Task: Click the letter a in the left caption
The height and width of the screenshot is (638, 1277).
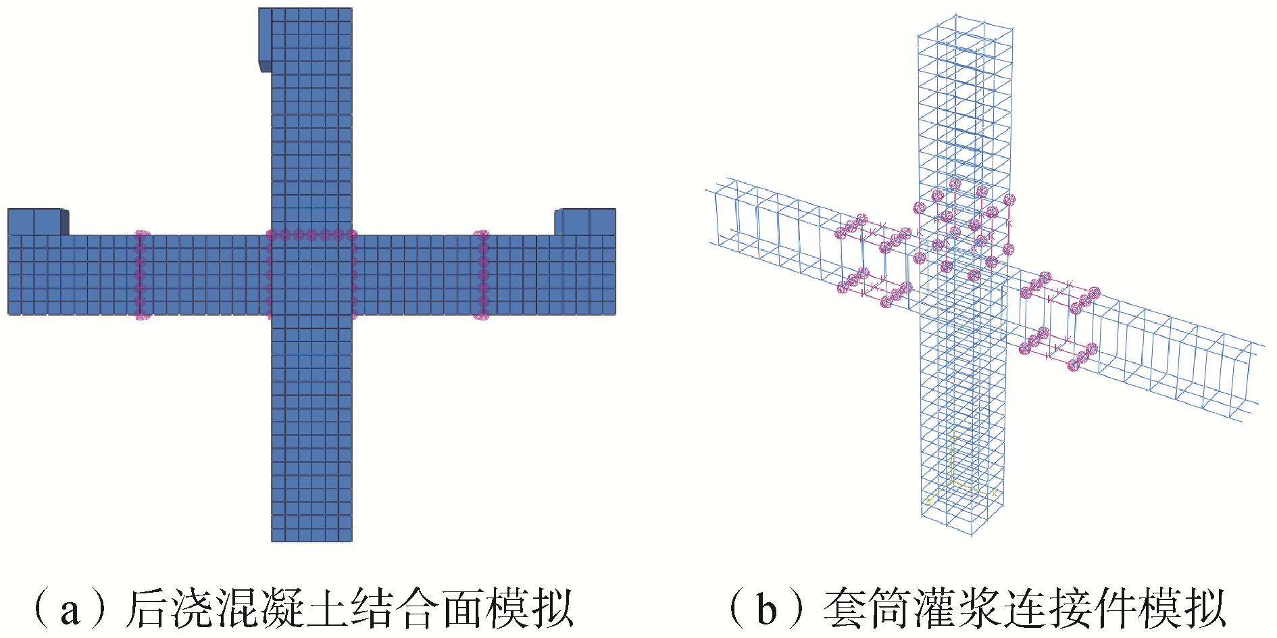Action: tap(70, 610)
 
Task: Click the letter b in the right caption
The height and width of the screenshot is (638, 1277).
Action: tap(766, 610)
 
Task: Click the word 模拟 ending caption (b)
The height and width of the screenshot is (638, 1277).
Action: tap(1182, 609)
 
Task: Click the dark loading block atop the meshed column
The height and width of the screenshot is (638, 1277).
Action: tap(265, 39)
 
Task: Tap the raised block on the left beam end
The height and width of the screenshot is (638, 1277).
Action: tap(36, 222)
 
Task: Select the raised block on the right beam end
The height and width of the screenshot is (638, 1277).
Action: tap(586, 222)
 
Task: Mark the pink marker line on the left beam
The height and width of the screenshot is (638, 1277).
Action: tap(141, 274)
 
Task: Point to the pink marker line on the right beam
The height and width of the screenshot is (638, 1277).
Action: tap(482, 274)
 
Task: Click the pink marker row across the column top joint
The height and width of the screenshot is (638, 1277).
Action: tap(311, 235)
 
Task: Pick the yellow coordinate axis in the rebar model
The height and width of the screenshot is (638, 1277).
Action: tap(953, 466)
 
